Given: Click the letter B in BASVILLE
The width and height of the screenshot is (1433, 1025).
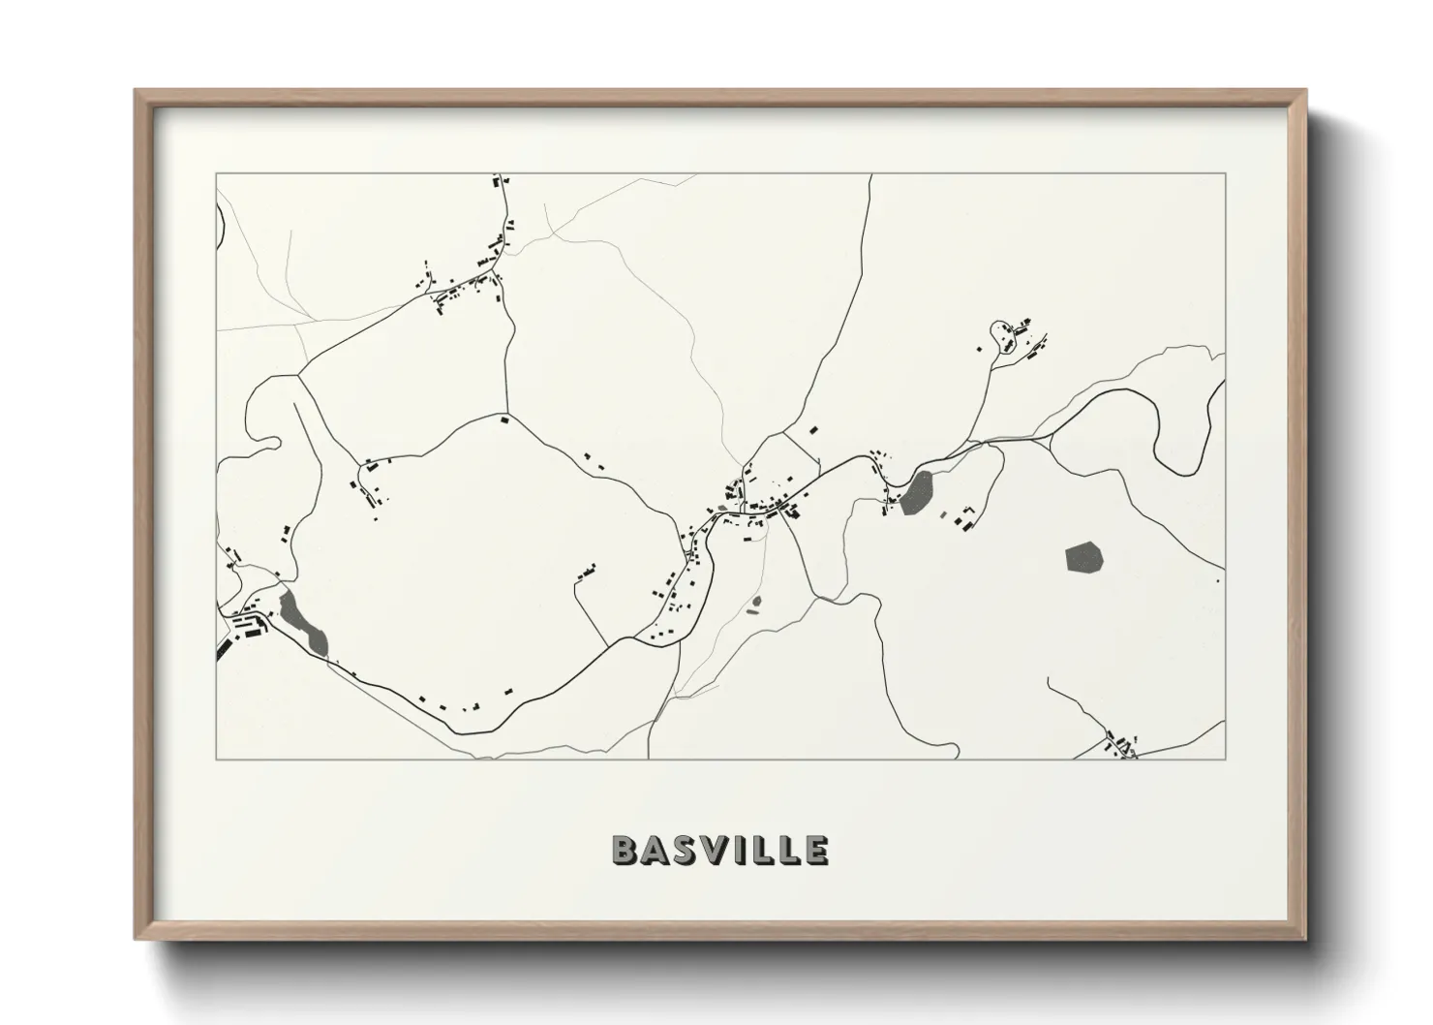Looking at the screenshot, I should click(625, 850).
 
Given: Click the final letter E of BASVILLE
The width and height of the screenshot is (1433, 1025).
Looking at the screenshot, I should click(816, 850).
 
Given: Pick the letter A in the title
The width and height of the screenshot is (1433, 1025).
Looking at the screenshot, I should click(654, 850).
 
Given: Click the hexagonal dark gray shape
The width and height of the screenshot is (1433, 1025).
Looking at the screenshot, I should click(1083, 558).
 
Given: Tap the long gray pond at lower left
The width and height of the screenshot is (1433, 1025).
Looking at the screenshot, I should click(303, 623).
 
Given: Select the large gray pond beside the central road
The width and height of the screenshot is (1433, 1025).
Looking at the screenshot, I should click(916, 492).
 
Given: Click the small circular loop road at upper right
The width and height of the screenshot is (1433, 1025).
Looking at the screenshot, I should click(998, 334).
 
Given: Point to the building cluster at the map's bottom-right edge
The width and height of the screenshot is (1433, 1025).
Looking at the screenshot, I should click(1121, 745).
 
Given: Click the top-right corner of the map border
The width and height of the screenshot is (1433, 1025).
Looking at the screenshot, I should click(1225, 174).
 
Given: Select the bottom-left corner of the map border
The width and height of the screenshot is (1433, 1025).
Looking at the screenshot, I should click(217, 760).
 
